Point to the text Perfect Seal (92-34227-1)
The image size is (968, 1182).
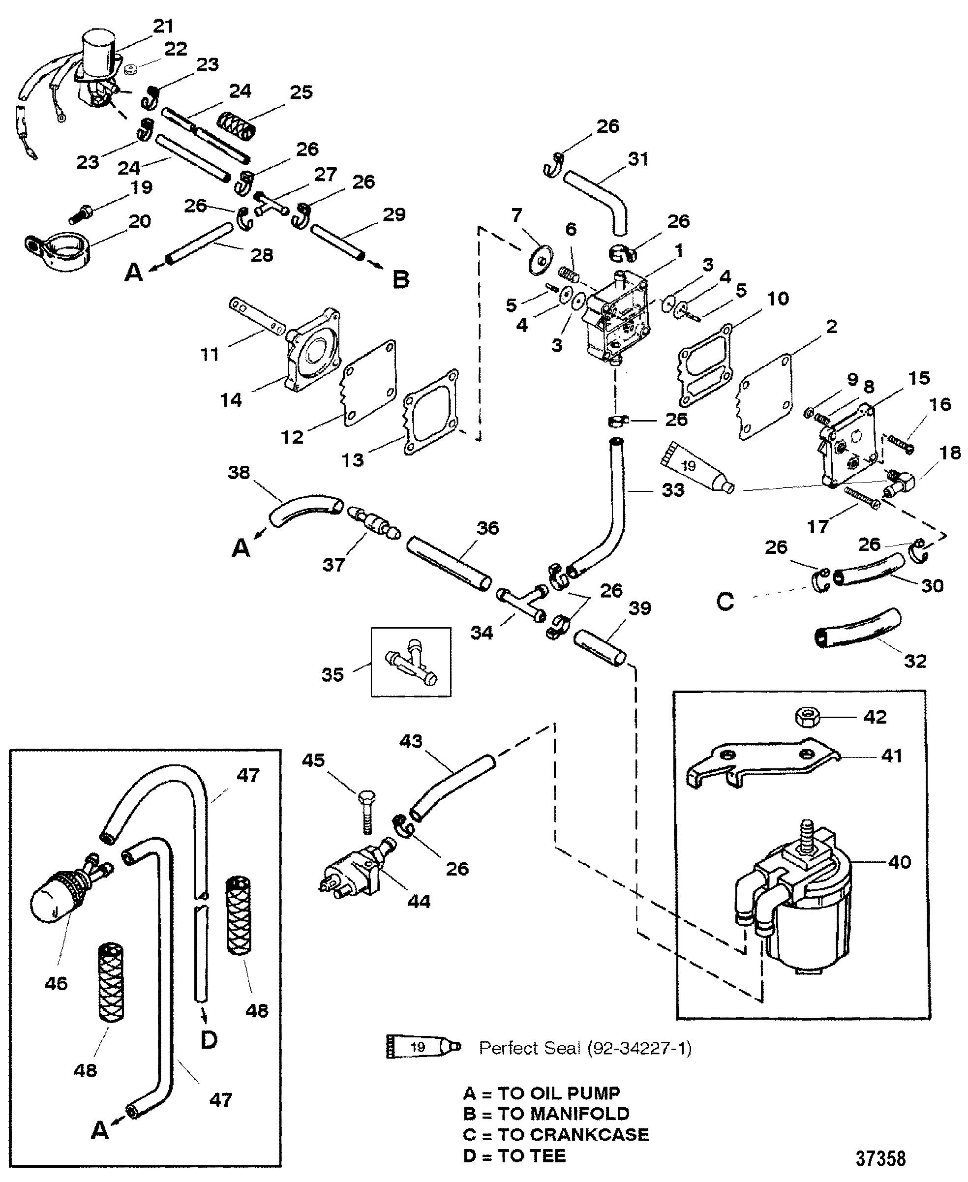(x=585, y=1048)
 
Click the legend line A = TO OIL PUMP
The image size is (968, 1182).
(x=541, y=1093)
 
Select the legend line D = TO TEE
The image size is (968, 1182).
(x=514, y=1156)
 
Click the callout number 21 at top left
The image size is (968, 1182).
(x=163, y=27)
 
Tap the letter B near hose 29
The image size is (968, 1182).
(x=400, y=279)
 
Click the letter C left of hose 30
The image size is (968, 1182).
(x=725, y=602)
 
